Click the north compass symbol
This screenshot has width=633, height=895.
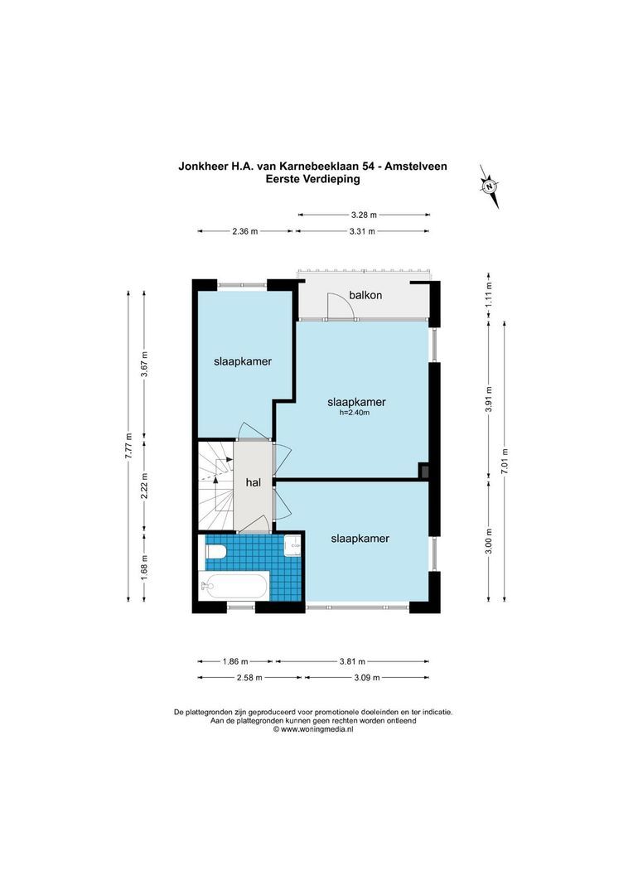(x=489, y=186)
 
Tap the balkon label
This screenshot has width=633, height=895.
(x=365, y=295)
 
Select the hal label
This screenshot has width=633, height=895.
(x=253, y=482)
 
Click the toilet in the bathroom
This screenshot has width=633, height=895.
(x=215, y=551)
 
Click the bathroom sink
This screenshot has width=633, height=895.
(x=292, y=545)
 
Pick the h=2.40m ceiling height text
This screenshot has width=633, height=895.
(x=355, y=413)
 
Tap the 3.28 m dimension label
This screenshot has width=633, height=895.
(x=364, y=215)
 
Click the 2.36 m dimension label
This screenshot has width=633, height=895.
(x=245, y=231)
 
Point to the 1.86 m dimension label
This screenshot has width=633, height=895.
(x=235, y=661)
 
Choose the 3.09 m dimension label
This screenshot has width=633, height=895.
(x=366, y=678)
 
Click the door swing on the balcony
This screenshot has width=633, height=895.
(x=341, y=306)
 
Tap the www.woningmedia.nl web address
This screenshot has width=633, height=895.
(x=313, y=729)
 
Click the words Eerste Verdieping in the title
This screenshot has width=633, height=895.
(x=313, y=179)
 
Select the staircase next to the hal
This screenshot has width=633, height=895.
(x=215, y=486)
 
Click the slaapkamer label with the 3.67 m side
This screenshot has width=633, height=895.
(x=243, y=361)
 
